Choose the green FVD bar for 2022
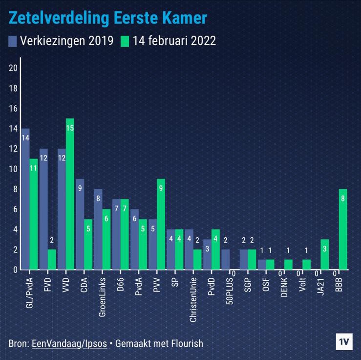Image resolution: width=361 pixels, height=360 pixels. pyautogui.click(x=52, y=259)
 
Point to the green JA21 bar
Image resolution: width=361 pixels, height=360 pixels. pyautogui.click(x=325, y=254)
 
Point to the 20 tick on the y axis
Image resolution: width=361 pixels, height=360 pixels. pyautogui.click(x=13, y=68)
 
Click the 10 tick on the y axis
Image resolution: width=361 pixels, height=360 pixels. pyautogui.click(x=13, y=169)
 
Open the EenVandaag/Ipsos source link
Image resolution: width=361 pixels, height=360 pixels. pyautogui.click(x=69, y=343)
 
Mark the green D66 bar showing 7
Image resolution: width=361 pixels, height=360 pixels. pyautogui.click(x=125, y=234)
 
